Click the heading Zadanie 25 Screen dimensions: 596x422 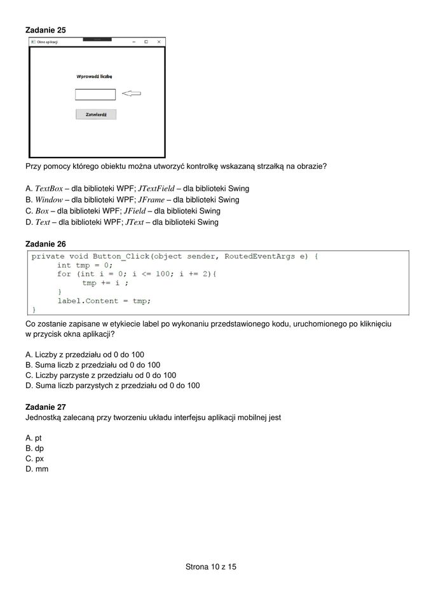point(45,30)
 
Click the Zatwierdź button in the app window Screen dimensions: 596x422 point(96,115)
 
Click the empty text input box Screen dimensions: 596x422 point(95,95)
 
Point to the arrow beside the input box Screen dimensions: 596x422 point(131,94)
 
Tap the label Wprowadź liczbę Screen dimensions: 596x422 point(94,76)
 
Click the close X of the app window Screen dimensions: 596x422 point(159,42)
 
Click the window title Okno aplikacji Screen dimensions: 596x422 point(48,42)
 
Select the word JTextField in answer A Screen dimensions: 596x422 point(156,189)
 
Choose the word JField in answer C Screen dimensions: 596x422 point(136,211)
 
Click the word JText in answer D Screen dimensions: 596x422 point(135,222)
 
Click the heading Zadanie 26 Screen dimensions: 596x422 point(45,243)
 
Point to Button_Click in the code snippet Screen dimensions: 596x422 point(121,256)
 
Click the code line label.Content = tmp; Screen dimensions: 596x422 point(104,301)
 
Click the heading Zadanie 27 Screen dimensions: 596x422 point(45,407)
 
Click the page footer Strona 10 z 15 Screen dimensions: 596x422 point(210,566)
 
